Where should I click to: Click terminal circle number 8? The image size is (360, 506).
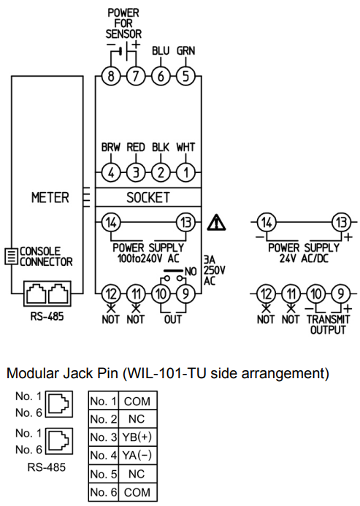click(x=111, y=76)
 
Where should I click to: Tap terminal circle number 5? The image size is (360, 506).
click(x=185, y=76)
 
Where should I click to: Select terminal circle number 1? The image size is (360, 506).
click(x=185, y=172)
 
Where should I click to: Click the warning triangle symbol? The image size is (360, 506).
click(x=216, y=223)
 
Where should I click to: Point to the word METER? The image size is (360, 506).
click(x=50, y=197)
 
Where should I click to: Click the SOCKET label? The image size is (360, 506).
click(x=148, y=197)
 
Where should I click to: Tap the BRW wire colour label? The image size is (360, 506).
click(x=111, y=147)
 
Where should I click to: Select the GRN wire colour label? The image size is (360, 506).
click(x=185, y=50)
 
